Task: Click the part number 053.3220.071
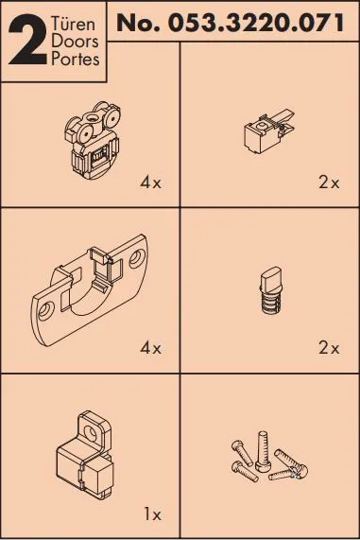click(254, 22)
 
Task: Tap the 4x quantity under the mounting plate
click(150, 348)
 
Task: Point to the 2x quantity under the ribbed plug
click(328, 348)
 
